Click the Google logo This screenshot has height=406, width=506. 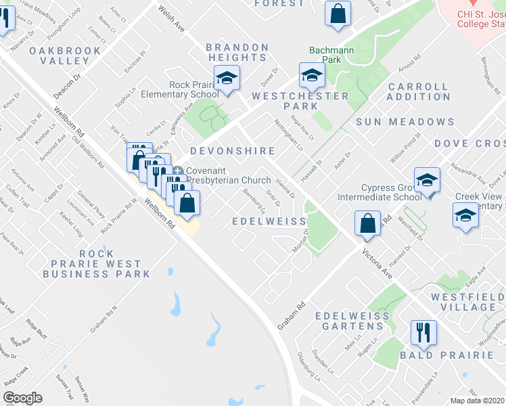coord(22,398)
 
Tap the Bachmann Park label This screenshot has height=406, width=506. coord(325,55)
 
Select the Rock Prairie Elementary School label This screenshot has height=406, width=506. coord(175,89)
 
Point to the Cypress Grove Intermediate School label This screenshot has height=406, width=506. coord(386,192)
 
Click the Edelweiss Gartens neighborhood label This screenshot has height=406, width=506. coord(349,321)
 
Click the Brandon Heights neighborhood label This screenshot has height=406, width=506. coord(237,52)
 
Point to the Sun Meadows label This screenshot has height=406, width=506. coord(405,122)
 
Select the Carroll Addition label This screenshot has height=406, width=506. coord(419,91)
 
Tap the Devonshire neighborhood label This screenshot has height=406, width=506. coord(232,151)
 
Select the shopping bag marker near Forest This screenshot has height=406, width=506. coord(337,13)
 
